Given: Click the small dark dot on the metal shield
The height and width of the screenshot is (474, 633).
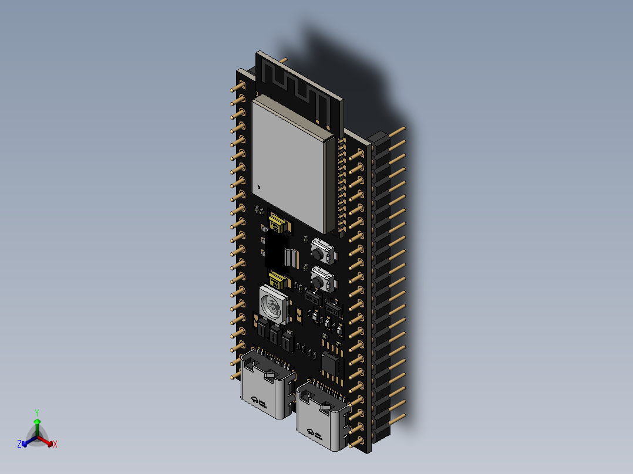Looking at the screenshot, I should (x=257, y=187).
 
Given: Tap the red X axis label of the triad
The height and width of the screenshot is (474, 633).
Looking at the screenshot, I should (x=55, y=445).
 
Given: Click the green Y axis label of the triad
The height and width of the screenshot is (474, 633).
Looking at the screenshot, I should (x=36, y=412).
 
